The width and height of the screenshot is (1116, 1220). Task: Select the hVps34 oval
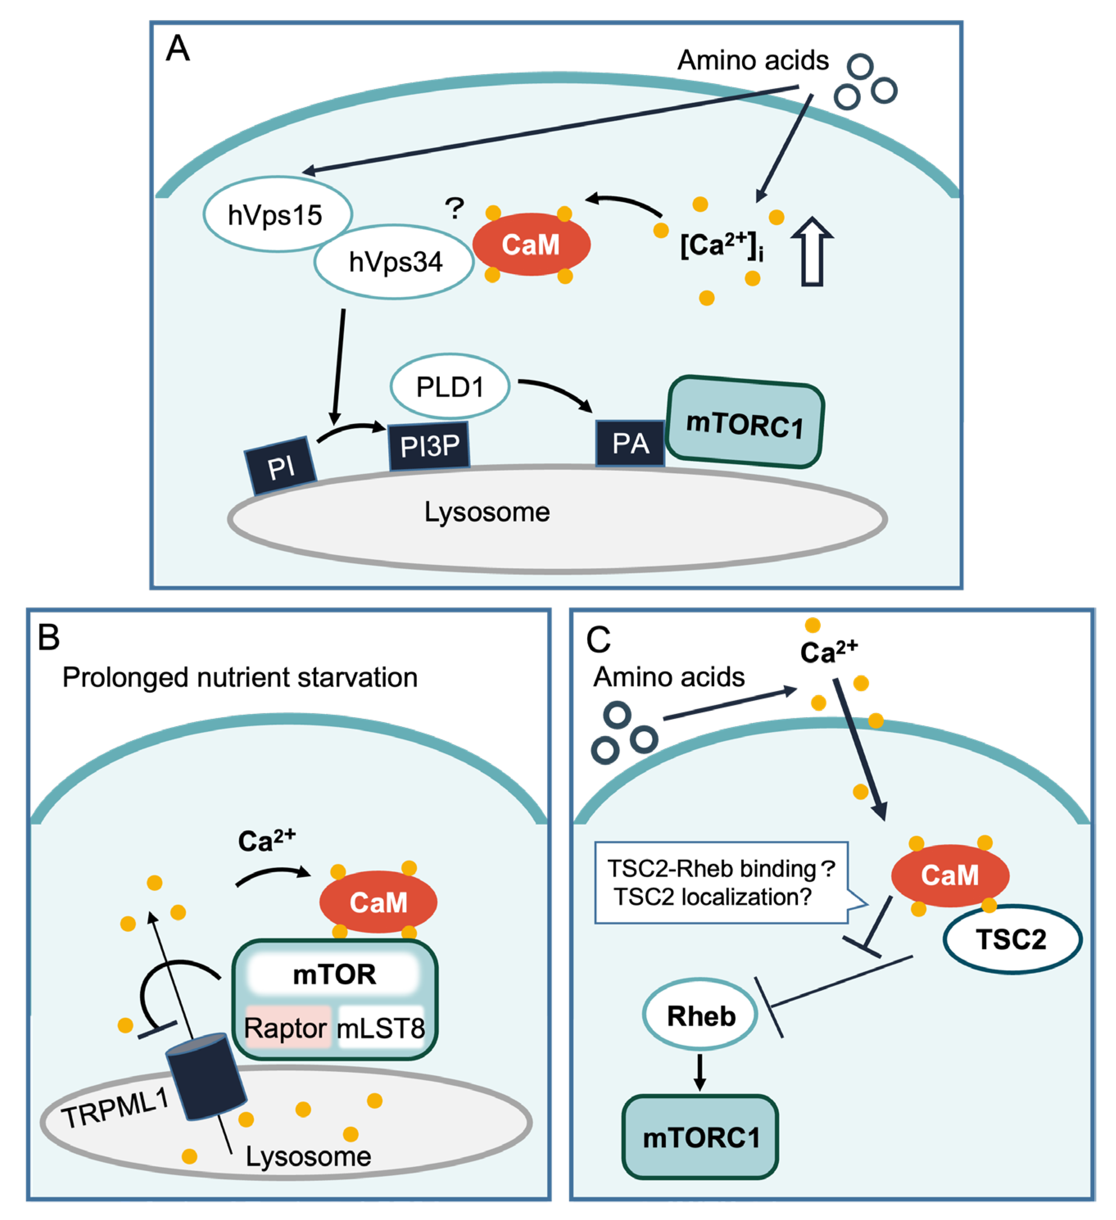tap(395, 261)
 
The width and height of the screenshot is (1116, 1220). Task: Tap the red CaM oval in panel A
tap(531, 244)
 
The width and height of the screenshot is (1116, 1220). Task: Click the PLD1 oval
tap(450, 387)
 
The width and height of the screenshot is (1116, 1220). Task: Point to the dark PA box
tap(630, 444)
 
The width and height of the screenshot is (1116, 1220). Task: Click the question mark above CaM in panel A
tap(454, 209)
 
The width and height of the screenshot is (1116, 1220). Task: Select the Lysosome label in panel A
tap(487, 512)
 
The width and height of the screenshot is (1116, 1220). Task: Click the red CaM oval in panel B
tap(378, 902)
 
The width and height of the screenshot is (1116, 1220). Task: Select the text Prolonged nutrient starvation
tap(240, 677)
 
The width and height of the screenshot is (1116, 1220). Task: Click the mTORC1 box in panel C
tap(700, 1136)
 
